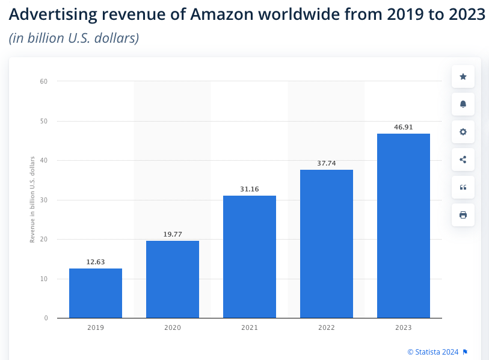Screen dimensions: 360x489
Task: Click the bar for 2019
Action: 96,293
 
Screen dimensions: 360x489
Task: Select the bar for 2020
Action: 173,279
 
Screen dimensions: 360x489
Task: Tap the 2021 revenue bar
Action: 250,257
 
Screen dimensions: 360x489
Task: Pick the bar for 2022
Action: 327,244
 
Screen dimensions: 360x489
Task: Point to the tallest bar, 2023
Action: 404,226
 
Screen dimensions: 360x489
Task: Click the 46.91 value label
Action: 404,127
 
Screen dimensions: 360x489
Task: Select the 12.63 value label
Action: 96,262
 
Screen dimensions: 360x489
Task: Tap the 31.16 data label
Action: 250,189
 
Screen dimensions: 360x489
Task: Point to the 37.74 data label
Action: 327,163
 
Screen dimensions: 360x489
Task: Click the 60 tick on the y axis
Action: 44,81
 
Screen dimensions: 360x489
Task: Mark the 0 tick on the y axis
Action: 46,318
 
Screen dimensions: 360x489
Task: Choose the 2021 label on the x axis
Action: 250,328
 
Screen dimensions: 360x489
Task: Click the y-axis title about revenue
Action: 32,199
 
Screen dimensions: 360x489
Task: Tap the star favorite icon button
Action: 463,76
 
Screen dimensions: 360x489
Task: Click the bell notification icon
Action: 463,104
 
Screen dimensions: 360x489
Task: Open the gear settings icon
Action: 463,132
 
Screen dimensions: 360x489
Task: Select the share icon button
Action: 463,160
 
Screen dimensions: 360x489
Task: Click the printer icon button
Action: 463,215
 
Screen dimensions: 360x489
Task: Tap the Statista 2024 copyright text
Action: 433,352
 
